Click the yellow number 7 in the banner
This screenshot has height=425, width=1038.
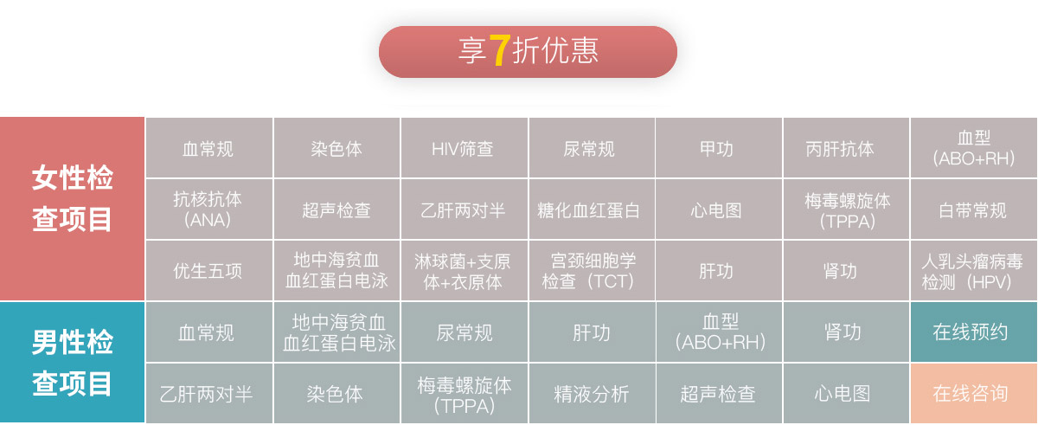pos(500,50)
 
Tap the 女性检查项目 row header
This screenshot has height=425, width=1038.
pos(72,209)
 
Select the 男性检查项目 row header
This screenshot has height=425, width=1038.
pos(72,363)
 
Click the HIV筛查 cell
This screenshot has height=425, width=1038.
pos(464,148)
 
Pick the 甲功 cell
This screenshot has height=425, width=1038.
pos(719,148)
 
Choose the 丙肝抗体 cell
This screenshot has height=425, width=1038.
pos(846,148)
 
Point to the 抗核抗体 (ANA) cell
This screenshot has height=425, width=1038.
pos(209,209)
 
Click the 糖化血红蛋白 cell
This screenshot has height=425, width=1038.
pos(592,209)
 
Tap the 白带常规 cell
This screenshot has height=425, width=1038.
pos(974,209)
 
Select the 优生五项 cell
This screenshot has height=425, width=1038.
pos(209,270)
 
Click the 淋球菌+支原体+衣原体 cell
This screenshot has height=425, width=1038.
pos(464,270)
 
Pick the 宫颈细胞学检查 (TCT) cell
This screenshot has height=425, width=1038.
pos(592,270)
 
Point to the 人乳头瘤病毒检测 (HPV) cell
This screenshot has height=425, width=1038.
pos(974,270)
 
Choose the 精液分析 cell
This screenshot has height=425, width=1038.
pos(592,393)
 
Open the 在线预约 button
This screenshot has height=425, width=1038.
pos(974,332)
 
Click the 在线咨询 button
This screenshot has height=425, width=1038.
pos(974,393)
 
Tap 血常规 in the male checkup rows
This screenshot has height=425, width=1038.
pos(209,332)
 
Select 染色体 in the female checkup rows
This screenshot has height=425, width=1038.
pos(336,148)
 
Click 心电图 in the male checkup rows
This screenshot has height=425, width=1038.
pos(846,393)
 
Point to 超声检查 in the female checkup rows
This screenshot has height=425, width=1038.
pos(336,209)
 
